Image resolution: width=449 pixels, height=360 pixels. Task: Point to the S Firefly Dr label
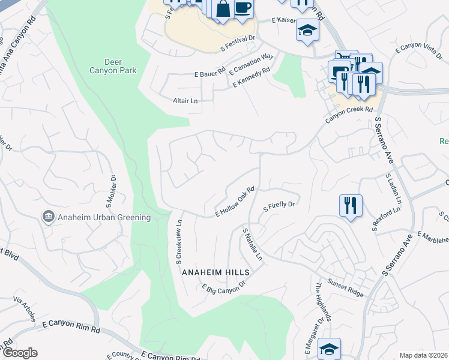[x=280, y=205]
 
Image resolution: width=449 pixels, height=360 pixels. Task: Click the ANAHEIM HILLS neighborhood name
[x=215, y=271]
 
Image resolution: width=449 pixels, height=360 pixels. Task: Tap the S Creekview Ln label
[x=178, y=242]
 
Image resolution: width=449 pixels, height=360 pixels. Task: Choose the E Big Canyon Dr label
[x=224, y=289]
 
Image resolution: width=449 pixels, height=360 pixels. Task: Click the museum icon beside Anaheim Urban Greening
[x=47, y=217]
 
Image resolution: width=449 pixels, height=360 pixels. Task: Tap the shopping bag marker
[x=222, y=9]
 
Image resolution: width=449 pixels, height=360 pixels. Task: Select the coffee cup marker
[x=243, y=8]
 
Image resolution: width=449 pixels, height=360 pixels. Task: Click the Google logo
[x=20, y=352]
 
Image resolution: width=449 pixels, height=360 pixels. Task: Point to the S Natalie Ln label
[x=252, y=244]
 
